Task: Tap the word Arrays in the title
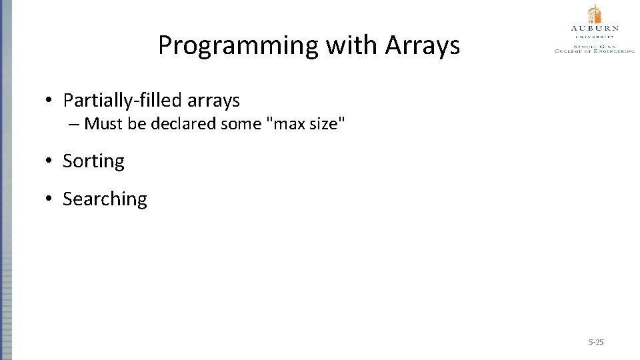pyautogui.click(x=422, y=45)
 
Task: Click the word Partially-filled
pyautogui.click(x=122, y=101)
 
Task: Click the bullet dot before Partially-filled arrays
pyautogui.click(x=49, y=101)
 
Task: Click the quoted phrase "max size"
pyautogui.click(x=306, y=124)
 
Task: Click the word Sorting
pyautogui.click(x=93, y=161)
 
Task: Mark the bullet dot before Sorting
pyautogui.click(x=49, y=161)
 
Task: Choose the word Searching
pyautogui.click(x=105, y=199)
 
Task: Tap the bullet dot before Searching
pyautogui.click(x=49, y=199)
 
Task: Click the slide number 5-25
pyautogui.click(x=596, y=342)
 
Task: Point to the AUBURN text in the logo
pyautogui.click(x=594, y=28)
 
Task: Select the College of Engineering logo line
pyautogui.click(x=594, y=51)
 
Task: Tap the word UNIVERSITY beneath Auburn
pyautogui.click(x=594, y=36)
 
